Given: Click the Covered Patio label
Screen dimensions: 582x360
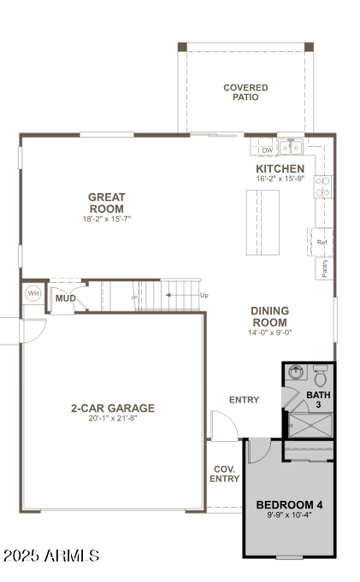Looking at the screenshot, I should (245, 92).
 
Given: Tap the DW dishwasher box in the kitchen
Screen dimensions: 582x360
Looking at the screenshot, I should (267, 150).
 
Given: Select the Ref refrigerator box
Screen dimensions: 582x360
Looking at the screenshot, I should (322, 242).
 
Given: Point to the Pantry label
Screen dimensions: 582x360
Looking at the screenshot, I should (325, 268).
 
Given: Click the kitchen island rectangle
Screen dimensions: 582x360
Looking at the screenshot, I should (263, 222).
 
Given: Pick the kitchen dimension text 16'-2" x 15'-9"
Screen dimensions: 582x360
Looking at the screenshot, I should (280, 179).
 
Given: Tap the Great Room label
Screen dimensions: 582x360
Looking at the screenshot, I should (106, 203).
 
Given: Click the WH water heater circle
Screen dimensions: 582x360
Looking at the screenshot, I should (33, 293).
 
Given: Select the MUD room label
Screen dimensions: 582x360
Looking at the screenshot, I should (65, 298).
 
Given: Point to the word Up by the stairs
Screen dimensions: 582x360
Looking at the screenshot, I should (204, 295).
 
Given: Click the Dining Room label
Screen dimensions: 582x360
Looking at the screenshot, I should (269, 316).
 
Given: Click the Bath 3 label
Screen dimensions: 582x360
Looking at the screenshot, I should (318, 400).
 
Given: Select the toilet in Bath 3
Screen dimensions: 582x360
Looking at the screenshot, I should (320, 375).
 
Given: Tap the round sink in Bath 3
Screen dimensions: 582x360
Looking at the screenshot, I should (295, 373).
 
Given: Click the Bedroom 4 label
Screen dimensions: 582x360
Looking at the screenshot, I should (289, 505).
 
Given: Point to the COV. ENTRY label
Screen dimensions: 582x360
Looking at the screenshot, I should (225, 473).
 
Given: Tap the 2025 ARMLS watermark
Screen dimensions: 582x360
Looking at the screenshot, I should (51, 556).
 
